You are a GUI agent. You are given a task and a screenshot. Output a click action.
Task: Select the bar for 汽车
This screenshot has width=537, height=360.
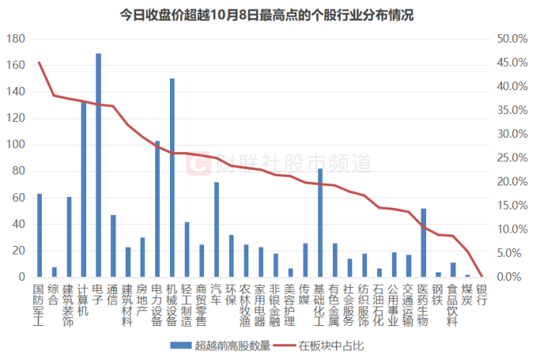click(217, 230)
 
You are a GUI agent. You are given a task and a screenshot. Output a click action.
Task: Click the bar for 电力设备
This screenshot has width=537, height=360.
click(158, 209)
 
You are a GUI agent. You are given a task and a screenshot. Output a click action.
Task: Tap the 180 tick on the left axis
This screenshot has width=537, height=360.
click(16, 39)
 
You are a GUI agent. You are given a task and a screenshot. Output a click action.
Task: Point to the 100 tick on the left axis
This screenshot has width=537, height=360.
click(16, 145)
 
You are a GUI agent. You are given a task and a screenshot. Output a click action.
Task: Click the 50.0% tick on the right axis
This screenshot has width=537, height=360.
click(512, 39)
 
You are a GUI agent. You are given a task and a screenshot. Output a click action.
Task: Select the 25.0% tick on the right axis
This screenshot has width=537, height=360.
click(512, 157)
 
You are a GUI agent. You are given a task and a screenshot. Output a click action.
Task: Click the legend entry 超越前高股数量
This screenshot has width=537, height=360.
click(225, 345)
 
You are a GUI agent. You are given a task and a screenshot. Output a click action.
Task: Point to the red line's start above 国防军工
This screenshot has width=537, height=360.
click(40, 63)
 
